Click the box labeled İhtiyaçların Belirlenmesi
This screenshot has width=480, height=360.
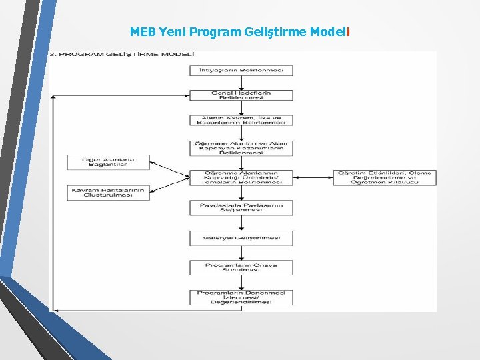pos(241,70)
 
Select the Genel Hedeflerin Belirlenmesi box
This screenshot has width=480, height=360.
pos(241,95)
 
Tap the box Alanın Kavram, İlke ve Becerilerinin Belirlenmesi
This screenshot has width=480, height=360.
pos(241,120)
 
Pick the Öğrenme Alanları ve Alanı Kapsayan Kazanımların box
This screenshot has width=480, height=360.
pos(241,147)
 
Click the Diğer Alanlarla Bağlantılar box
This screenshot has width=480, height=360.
pos(108,162)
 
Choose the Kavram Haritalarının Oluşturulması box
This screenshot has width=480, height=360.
pos(108,193)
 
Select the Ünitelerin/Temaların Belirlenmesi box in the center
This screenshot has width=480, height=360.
pos(241,177)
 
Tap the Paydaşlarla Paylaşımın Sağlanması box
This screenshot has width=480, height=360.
pos(241,207)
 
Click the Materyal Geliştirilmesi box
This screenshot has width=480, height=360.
pos(241,237)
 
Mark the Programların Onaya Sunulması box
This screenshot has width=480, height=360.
pos(241,267)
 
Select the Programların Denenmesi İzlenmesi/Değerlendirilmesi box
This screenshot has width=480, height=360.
pos(241,297)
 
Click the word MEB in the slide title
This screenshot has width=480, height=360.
pos(141,31)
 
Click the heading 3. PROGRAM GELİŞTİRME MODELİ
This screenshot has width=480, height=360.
pos(122,54)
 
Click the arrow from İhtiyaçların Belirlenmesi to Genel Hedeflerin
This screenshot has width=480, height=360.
pos(241,82)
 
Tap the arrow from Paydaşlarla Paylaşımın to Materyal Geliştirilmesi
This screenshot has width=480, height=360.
pos(241,223)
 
